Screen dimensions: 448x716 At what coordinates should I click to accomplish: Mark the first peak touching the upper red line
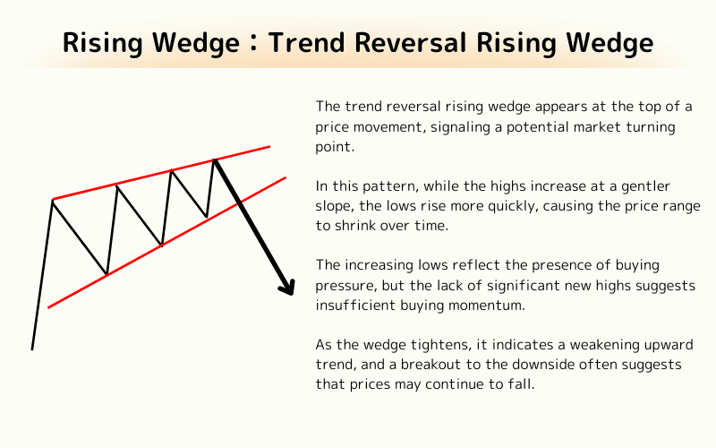[x=53, y=199]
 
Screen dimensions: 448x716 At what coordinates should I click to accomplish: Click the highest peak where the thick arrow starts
[x=214, y=159]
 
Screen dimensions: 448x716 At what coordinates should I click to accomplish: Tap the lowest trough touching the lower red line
[x=107, y=274]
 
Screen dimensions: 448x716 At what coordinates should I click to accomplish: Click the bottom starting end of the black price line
[x=32, y=349]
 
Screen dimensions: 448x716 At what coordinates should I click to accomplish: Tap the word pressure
[x=344, y=286]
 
